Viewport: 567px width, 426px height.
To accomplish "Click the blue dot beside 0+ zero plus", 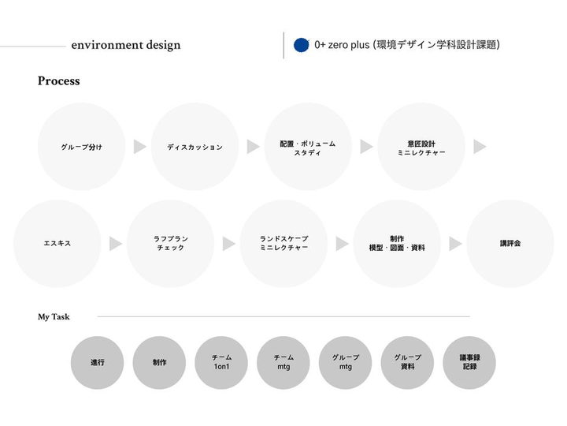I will [301, 45].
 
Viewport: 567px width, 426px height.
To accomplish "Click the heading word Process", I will [58, 81].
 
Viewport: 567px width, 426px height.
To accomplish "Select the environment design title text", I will [125, 45].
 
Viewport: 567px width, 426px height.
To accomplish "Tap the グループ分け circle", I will [81, 147].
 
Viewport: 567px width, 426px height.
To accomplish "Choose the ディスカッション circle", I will [195, 147].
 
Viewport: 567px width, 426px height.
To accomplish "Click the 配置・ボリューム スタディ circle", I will [308, 147].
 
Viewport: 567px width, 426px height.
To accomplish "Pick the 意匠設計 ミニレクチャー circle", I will [421, 147].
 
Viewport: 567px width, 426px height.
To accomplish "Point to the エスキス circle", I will [57, 243].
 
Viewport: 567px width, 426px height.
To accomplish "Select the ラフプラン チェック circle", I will [171, 243].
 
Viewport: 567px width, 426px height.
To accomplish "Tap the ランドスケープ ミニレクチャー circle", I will [284, 243].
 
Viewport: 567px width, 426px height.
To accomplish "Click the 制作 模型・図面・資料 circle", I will [397, 243].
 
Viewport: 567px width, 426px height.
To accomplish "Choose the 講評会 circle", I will [510, 243].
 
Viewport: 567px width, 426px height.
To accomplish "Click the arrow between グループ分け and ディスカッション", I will [139, 147].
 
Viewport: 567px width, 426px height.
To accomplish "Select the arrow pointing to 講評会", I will [455, 244].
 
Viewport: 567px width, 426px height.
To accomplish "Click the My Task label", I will [54, 317].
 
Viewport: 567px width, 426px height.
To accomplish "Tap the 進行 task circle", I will [98, 363].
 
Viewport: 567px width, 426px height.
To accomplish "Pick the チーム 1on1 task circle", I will [221, 363].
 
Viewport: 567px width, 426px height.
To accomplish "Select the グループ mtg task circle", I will [346, 363].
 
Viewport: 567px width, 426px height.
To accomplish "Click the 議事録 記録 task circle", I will [469, 363].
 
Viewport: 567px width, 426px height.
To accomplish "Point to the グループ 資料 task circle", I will [408, 363].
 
